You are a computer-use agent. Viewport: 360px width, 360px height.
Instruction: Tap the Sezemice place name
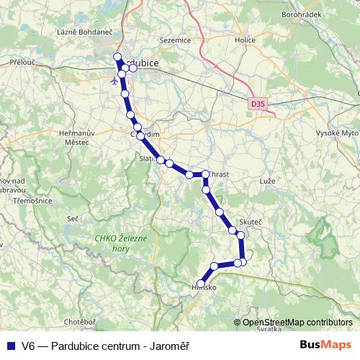pos(176,40)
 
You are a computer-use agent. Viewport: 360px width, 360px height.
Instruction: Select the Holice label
pos(245,40)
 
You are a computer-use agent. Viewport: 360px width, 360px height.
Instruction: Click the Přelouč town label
pos(22,63)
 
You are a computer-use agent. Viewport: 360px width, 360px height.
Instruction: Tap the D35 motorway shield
pos(258,104)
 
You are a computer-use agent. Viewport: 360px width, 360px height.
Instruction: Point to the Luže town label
pos(267,180)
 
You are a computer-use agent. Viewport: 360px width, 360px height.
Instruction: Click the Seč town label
pos(72,218)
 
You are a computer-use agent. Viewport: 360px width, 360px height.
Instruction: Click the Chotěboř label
pos(80,321)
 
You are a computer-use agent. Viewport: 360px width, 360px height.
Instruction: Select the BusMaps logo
pos(325,345)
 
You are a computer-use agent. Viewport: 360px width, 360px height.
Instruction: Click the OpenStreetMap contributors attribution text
pos(297,323)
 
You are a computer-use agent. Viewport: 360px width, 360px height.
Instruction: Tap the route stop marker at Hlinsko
pos(201,284)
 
